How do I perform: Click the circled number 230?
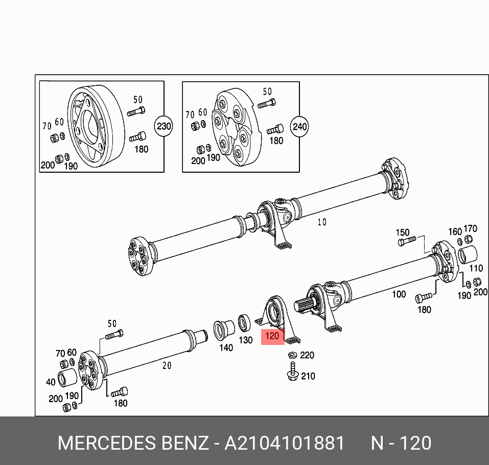click(164, 126)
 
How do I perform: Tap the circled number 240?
click(300, 126)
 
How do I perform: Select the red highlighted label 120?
click(272, 336)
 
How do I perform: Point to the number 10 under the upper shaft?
click(321, 222)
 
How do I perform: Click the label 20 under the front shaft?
click(167, 365)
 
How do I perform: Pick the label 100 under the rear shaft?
click(399, 294)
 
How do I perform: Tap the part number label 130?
click(246, 340)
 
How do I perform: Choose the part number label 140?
click(226, 347)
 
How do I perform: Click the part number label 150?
click(403, 232)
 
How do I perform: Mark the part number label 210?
click(308, 377)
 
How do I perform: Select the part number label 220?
click(307, 355)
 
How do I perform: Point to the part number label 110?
click(475, 268)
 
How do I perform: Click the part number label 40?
click(50, 382)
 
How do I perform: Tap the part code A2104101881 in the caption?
click(285, 443)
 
